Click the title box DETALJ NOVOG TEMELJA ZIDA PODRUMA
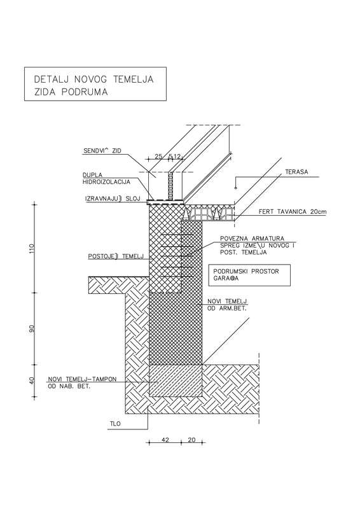pyautogui.click(x=95, y=84)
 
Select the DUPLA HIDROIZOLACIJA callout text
pyautogui.click(x=106, y=179)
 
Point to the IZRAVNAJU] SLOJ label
pyautogui.click(x=113, y=199)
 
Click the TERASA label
pyautogui.click(x=296, y=172)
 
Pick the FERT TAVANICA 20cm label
pyautogui.click(x=293, y=212)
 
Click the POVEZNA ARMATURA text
pyautogui.click(x=252, y=239)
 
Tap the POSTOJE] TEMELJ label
pyautogui.click(x=116, y=256)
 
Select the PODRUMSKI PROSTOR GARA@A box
pyautogui.click(x=249, y=275)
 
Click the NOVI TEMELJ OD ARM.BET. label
pyautogui.click(x=227, y=305)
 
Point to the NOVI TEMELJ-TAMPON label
pyautogui.click(x=82, y=379)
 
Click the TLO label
pyautogui.click(x=115, y=424)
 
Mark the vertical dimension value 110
pyautogui.click(x=32, y=248)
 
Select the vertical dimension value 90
pyautogui.click(x=32, y=328)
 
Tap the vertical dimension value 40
pyautogui.click(x=32, y=380)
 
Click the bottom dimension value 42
pyautogui.click(x=165, y=440)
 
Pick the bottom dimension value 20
pyautogui.click(x=192, y=440)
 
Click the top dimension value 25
pyautogui.click(x=158, y=157)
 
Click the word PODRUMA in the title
pyautogui.click(x=85, y=92)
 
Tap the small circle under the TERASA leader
pyautogui.click(x=236, y=188)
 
